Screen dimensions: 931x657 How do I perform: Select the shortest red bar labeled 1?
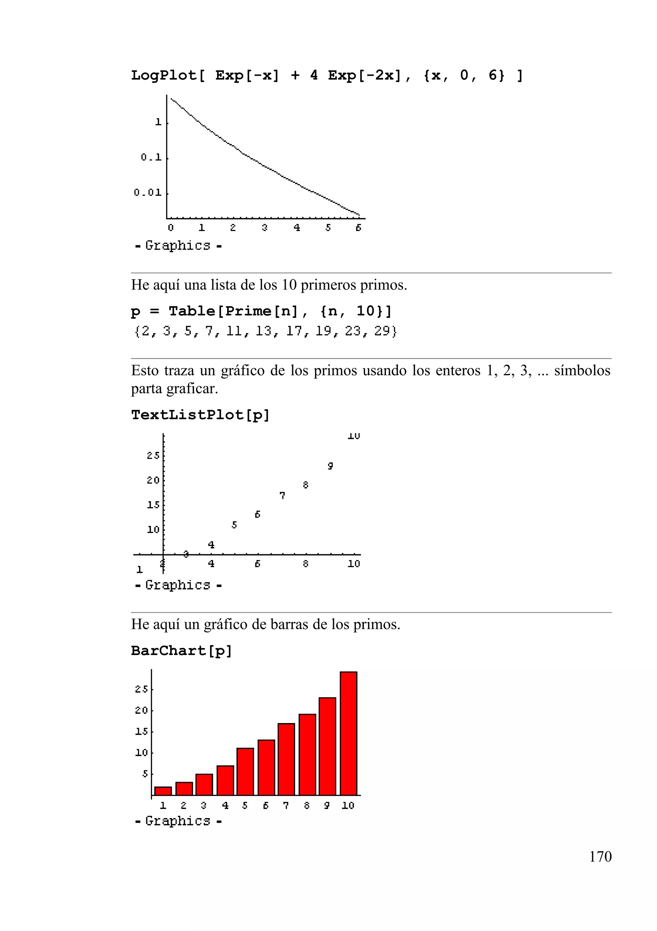(163, 791)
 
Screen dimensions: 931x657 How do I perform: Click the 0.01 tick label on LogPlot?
(148, 193)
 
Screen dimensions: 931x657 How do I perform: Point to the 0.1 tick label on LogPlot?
(151, 157)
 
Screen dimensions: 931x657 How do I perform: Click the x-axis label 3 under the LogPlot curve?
(264, 228)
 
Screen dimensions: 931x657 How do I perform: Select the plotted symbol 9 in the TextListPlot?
(330, 466)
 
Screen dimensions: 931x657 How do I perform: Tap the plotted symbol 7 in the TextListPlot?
(282, 496)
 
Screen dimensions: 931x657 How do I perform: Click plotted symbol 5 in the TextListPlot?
(234, 525)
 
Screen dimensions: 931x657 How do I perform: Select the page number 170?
(600, 857)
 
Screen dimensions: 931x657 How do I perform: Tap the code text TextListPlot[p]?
(200, 415)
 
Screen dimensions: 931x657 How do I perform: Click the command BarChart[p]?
(181, 651)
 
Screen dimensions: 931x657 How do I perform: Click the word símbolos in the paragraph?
(582, 371)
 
